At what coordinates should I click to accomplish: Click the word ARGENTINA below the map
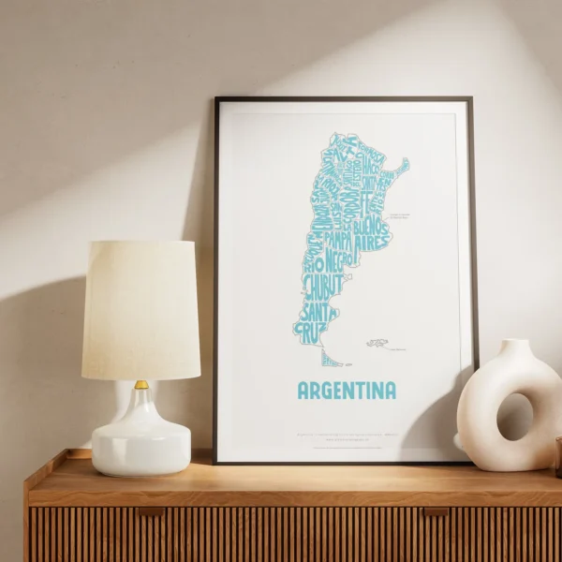(346, 390)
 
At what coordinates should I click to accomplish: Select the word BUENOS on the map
(373, 226)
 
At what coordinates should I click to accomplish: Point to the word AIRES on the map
(371, 242)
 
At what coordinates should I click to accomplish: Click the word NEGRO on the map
(339, 258)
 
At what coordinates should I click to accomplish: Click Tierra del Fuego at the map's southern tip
(330, 359)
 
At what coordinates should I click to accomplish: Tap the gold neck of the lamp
(140, 384)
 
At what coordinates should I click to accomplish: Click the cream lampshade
(140, 309)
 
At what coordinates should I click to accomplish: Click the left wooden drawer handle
(150, 511)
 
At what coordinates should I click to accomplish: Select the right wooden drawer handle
(436, 511)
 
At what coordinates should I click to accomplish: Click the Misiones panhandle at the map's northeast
(400, 168)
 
